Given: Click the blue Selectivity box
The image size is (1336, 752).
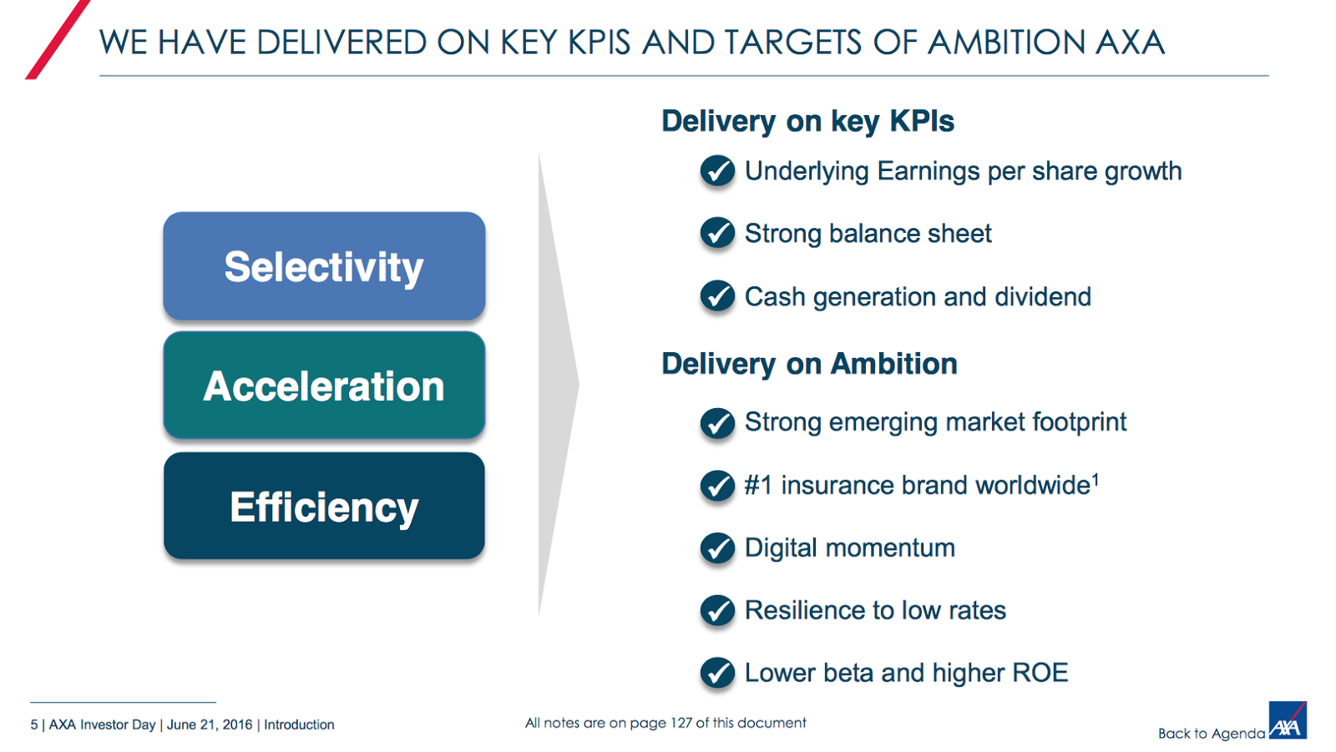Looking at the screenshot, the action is click(x=324, y=266).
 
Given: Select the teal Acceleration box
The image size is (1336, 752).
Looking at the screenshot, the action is click(x=324, y=386).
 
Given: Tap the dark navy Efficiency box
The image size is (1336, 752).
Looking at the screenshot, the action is click(x=324, y=506).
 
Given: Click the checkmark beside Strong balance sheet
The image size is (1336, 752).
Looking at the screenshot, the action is click(x=717, y=233).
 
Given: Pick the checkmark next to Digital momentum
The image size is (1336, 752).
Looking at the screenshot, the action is click(x=717, y=548).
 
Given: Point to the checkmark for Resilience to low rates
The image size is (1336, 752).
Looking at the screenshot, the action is click(x=717, y=611).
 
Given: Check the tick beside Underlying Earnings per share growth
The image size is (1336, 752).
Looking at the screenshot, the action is click(x=717, y=171).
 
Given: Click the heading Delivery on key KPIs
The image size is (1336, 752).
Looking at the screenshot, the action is click(x=807, y=122).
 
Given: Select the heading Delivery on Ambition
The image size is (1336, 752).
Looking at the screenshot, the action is click(x=809, y=364).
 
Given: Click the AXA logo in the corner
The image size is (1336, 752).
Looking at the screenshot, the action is click(x=1288, y=720).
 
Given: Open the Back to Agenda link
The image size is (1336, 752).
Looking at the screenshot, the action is click(x=1212, y=734).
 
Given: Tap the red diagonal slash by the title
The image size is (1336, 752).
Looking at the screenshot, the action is click(x=58, y=39).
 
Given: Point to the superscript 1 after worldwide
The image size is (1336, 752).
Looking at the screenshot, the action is click(x=1095, y=479).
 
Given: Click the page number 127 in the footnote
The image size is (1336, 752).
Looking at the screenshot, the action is click(x=681, y=723).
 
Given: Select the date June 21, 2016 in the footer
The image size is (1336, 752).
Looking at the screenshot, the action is click(x=210, y=724).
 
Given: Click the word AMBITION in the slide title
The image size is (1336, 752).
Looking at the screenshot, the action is click(x=1007, y=43).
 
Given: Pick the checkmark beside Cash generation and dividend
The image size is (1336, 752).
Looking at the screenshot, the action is click(x=717, y=295).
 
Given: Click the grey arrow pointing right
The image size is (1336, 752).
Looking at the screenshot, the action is click(x=558, y=385).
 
